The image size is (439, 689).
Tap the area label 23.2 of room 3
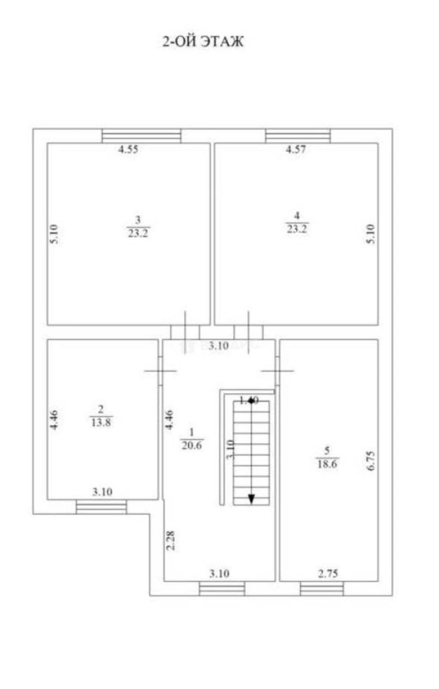pyautogui.click(x=138, y=232)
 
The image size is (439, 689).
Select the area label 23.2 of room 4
pyautogui.click(x=297, y=230)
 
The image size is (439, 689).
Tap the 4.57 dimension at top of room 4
pyautogui.click(x=295, y=151)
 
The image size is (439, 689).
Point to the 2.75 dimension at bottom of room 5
pyautogui.click(x=329, y=574)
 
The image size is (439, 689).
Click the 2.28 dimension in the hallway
pyautogui.click(x=170, y=542)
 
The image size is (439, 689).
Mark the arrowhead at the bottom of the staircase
pyautogui.click(x=252, y=499)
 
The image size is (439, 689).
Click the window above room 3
pyautogui.click(x=142, y=136)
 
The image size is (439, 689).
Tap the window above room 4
pyautogui.click(x=298, y=136)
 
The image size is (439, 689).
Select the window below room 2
pyautogui.click(x=101, y=507)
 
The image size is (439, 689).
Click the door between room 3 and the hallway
pyautogui.click(x=185, y=332)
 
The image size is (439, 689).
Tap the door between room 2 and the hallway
pyautogui.click(x=160, y=371)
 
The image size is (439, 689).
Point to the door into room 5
pyautogui.click(x=278, y=371)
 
